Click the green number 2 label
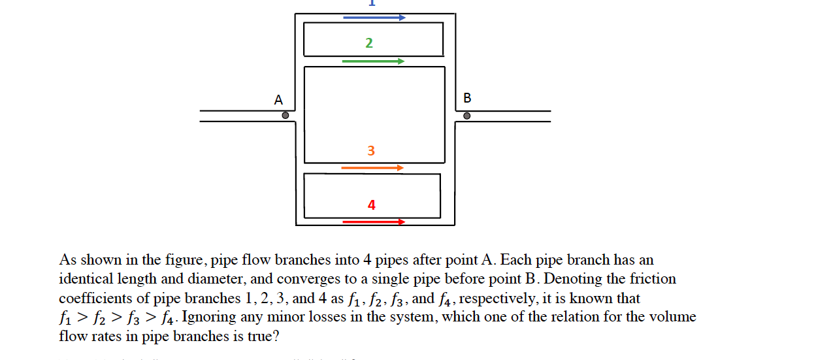pyautogui.click(x=369, y=43)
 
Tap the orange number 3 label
pyautogui.click(x=371, y=151)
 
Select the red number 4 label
pyautogui.click(x=371, y=205)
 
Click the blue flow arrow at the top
pyautogui.click(x=374, y=18)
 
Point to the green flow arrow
pyautogui.click(x=373, y=61)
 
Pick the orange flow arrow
pyautogui.click(x=372, y=168)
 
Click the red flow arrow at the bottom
pyautogui.click(x=374, y=222)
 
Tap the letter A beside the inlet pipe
pyautogui.click(x=278, y=100)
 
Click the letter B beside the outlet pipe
pyautogui.click(x=466, y=99)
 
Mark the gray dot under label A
pyautogui.click(x=286, y=116)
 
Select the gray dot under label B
pyautogui.click(x=466, y=116)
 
